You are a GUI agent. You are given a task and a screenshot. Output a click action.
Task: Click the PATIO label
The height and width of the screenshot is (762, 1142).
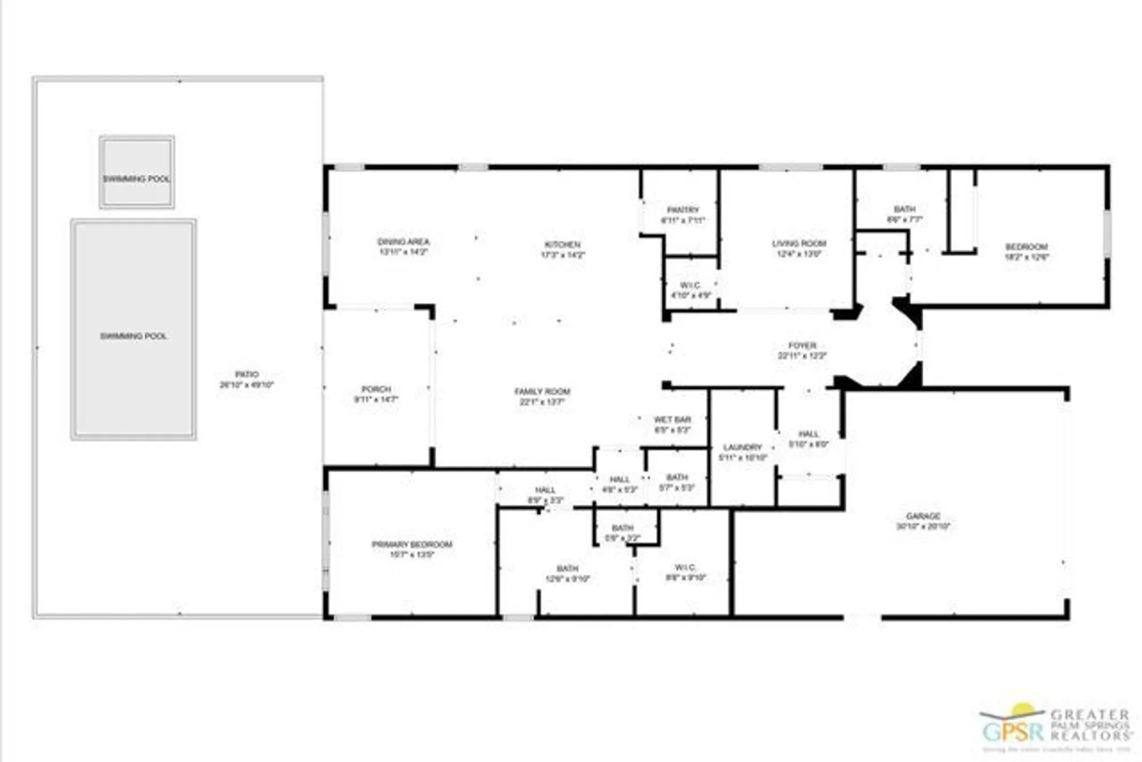tap(247, 374)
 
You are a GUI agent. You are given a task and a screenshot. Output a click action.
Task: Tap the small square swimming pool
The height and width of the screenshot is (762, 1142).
tap(136, 173)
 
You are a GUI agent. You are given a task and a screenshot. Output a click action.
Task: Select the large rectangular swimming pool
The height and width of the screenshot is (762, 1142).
tap(134, 330)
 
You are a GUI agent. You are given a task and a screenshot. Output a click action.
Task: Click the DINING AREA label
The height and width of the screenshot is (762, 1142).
tap(403, 242)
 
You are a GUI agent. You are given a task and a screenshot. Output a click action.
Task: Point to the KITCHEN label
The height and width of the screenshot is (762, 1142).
tap(562, 244)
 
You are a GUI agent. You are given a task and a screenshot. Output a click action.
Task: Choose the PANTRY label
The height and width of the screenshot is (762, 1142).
tap(683, 210)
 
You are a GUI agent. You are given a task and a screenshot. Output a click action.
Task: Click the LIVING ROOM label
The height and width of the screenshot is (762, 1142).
tap(799, 243)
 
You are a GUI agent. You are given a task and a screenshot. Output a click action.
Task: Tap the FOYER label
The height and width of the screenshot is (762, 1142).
tap(802, 346)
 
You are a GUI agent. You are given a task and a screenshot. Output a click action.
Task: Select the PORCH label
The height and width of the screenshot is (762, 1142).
tap(376, 389)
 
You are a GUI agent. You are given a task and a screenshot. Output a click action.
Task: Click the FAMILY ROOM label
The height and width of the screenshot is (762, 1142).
tap(542, 391)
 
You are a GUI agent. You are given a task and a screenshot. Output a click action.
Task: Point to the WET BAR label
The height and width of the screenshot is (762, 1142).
tap(673, 419)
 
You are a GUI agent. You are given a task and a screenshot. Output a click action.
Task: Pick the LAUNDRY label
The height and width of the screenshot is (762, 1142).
tap(742, 447)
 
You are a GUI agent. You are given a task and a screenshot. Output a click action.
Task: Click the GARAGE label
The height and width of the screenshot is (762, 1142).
tap(923, 516)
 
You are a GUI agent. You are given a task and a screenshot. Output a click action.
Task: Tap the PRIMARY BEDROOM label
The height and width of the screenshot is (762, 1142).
tap(412, 544)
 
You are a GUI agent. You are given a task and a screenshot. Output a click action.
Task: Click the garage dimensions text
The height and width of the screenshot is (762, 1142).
tap(923, 526)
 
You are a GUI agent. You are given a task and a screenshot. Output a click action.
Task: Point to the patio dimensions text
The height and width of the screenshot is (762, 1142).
tap(247, 384)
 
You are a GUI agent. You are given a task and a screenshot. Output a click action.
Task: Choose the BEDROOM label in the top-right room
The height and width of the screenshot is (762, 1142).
tap(1026, 247)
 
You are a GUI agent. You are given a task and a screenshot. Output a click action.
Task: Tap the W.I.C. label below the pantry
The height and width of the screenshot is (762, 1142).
tap(690, 285)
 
